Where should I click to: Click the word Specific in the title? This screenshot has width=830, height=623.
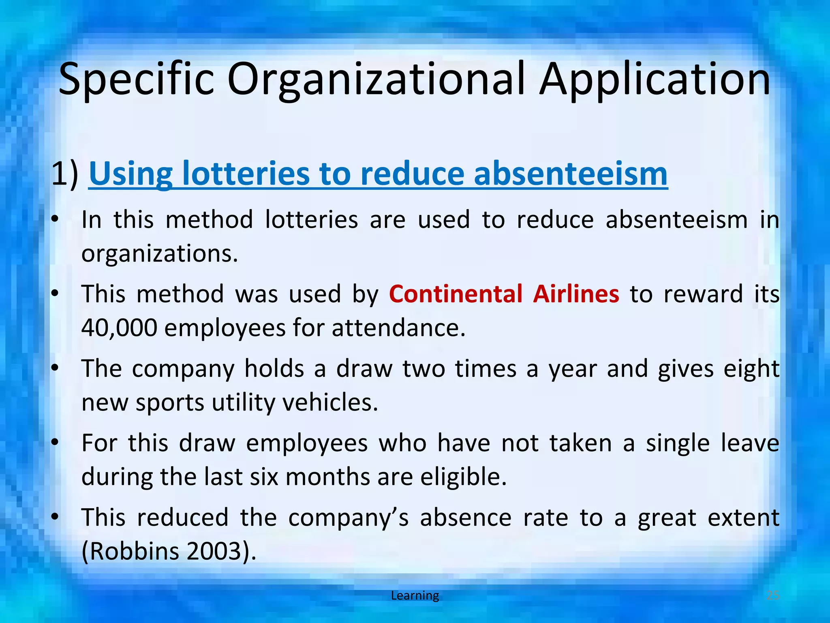[x=136, y=79]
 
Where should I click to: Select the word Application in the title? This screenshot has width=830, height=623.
[x=655, y=79]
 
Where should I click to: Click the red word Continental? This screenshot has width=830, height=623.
[x=456, y=294]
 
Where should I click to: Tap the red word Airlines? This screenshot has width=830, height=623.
[x=576, y=294]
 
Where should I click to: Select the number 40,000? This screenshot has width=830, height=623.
[x=119, y=328]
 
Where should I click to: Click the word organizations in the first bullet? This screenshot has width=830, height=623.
[x=159, y=254]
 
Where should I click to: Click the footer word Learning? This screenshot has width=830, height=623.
[x=415, y=595]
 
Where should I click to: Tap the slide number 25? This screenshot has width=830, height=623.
[x=773, y=595]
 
